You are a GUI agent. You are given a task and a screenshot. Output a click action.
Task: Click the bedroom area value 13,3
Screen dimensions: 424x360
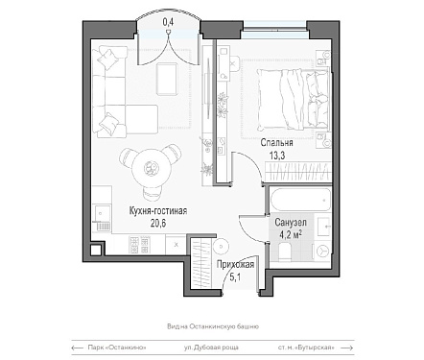(x=277, y=156)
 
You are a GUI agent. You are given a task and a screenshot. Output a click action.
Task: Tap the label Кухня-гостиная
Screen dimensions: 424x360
(x=158, y=211)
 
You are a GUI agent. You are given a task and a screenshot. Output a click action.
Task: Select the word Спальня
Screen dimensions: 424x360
(x=276, y=143)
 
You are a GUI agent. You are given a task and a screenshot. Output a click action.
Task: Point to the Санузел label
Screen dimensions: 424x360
(x=291, y=222)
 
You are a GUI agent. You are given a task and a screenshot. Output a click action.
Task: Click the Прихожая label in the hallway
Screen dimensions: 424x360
(x=235, y=265)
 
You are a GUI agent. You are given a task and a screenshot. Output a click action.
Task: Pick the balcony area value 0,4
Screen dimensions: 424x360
(x=168, y=22)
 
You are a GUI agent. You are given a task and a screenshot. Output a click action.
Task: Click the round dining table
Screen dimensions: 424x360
(x=150, y=168)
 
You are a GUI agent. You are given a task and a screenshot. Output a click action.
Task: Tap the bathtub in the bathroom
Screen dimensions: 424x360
(x=300, y=200)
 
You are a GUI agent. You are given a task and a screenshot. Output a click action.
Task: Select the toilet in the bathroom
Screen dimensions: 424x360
(x=285, y=251)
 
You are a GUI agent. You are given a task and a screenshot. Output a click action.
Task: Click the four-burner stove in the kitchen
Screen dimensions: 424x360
(x=140, y=245)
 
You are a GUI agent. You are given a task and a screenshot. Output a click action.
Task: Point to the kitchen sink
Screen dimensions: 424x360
(x=102, y=212)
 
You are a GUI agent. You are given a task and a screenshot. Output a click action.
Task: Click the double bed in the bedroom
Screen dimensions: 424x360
(x=294, y=100)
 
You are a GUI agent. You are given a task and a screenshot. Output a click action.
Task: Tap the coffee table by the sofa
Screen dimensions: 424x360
(x=167, y=79)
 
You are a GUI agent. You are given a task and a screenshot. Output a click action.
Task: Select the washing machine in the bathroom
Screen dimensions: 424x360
(x=321, y=251)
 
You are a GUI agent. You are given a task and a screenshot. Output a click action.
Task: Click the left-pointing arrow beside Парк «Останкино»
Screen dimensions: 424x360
(x=78, y=348)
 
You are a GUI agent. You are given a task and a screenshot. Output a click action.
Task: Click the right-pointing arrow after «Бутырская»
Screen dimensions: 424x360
(x=347, y=348)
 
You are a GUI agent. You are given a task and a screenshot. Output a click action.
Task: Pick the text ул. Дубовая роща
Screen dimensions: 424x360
(x=211, y=348)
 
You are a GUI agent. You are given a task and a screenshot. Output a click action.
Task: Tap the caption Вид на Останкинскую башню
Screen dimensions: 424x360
(x=213, y=326)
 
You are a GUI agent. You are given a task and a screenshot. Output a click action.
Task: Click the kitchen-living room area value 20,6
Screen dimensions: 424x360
(x=158, y=223)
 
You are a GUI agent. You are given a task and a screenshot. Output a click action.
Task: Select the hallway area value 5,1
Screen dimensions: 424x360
(x=235, y=276)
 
